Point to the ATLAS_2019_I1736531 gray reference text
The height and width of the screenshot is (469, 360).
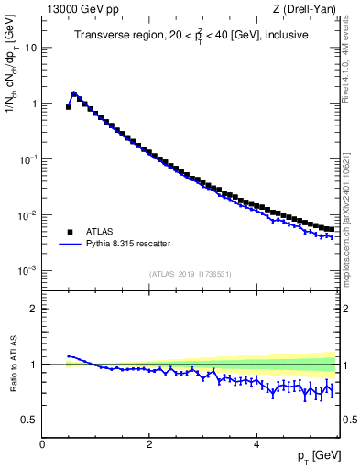pos(190,274)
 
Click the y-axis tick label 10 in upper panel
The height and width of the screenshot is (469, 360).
pos(31,48)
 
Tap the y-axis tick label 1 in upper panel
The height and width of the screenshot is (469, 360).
pos(34,104)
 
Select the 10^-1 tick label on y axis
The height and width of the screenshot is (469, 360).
pos(29,159)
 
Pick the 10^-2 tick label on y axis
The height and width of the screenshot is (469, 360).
pos(29,215)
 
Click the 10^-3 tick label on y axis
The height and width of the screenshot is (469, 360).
pos(29,271)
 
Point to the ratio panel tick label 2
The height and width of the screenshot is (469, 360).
pos(34,309)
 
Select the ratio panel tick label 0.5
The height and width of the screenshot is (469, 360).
pos(30,420)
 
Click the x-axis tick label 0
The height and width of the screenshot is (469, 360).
pos(42,444)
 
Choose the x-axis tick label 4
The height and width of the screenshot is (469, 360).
pos(256,444)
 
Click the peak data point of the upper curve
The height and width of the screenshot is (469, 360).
pos(74,93)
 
